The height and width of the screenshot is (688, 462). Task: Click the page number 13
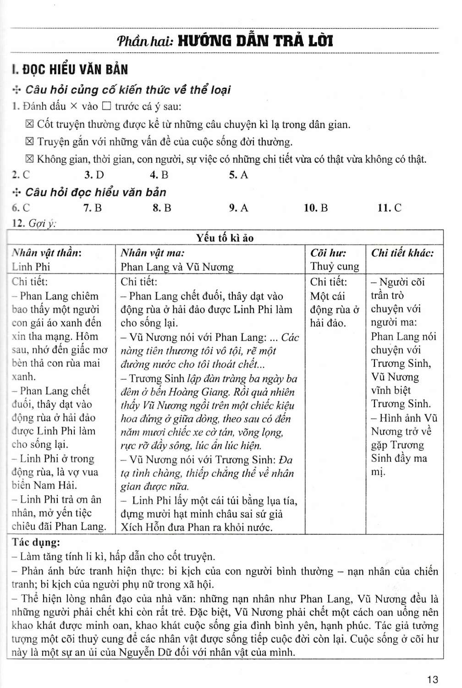click(432, 679)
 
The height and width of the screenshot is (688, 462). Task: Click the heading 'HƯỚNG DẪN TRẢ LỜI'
click(255, 41)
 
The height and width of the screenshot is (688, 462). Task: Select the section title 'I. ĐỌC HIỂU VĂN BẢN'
click(70, 70)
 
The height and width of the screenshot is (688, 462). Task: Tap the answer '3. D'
click(94, 175)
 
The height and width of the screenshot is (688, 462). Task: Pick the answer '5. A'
click(238, 175)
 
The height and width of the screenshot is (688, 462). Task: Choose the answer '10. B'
click(316, 208)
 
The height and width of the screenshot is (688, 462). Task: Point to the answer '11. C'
click(389, 208)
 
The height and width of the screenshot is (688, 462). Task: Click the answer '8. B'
click(162, 208)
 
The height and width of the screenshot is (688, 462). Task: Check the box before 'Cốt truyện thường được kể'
click(30, 124)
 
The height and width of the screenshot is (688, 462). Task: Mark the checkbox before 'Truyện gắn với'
click(30, 142)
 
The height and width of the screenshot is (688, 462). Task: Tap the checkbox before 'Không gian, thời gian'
click(30, 160)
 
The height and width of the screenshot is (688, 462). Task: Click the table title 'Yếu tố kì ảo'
click(225, 238)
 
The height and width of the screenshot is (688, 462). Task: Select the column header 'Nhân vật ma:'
click(153, 253)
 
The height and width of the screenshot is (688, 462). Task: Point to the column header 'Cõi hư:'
click(328, 253)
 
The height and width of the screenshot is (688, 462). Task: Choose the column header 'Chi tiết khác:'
click(402, 253)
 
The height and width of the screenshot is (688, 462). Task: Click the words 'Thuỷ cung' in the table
click(335, 266)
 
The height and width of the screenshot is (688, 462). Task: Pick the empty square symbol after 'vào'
click(106, 107)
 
